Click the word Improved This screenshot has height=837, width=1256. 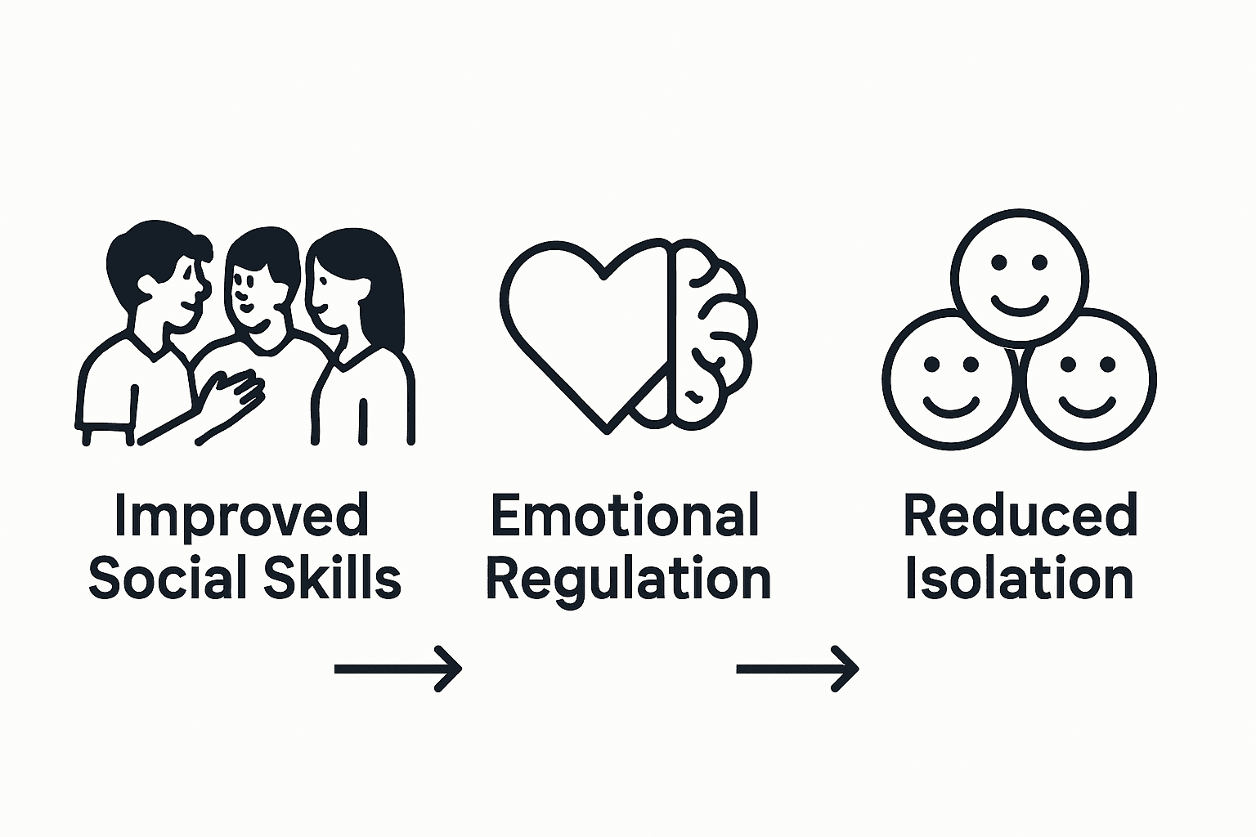[x=241, y=517]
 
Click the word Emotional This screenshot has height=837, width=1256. [x=626, y=517]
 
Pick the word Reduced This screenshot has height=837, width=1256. [x=1020, y=517]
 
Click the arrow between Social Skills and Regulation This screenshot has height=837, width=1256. [x=398, y=669]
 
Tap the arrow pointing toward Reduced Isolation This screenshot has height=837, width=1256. [x=797, y=669]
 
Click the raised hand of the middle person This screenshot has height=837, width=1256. [x=237, y=392]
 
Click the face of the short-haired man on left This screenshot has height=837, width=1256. [x=184, y=290]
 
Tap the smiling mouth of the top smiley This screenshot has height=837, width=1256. [x=1019, y=305]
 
